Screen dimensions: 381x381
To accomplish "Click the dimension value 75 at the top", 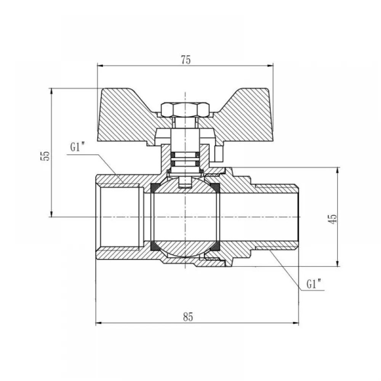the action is (x=186, y=60).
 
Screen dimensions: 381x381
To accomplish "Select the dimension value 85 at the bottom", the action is (x=188, y=317).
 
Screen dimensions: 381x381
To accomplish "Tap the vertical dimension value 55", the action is (x=45, y=156).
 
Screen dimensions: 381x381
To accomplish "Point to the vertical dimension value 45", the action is (x=333, y=219).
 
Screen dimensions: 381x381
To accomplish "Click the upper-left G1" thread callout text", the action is (x=77, y=147).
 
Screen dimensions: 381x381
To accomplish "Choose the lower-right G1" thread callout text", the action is (x=314, y=284).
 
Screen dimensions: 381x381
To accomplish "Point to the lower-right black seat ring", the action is (x=215, y=247).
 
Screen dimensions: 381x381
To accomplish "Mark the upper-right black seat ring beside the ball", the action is (x=215, y=188).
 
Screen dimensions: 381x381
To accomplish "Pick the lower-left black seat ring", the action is (x=155, y=247).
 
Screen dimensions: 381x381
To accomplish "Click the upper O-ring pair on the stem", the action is (x=185, y=155).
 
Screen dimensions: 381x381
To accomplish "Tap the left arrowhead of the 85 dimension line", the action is (x=98, y=323).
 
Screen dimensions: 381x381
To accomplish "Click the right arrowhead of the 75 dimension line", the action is (x=270, y=66).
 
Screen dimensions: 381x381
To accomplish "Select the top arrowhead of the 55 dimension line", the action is (x=51, y=91).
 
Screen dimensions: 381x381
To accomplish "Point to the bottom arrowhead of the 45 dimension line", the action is (x=337, y=263).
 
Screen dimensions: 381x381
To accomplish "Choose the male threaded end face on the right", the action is (x=298, y=217).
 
